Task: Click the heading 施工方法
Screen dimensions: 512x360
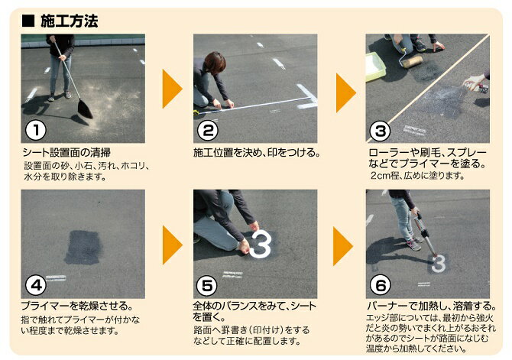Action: [x=70, y=21]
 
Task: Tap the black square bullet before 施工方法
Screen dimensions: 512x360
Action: [x=28, y=21]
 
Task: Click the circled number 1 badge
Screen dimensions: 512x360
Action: [x=36, y=131]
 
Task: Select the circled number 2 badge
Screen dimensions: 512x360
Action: [x=208, y=131]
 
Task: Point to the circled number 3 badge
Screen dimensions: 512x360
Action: [x=380, y=131]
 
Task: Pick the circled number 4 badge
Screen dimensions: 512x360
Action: [x=36, y=285]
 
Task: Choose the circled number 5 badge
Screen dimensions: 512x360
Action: [x=206, y=286]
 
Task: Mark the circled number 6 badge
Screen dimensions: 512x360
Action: [x=380, y=285]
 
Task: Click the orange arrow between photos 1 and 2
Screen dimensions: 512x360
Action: [x=172, y=89]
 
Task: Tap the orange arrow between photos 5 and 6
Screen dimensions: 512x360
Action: [x=342, y=246]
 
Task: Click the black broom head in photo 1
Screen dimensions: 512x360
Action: [x=86, y=109]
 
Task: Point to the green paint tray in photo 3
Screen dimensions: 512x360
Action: [x=375, y=67]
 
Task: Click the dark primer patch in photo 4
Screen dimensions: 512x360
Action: [x=83, y=248]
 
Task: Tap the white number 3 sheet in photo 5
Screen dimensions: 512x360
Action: [x=261, y=244]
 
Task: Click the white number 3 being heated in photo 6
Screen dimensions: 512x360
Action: [x=439, y=264]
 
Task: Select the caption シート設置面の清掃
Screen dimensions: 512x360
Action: [x=66, y=152]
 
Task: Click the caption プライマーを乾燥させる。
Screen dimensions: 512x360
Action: [x=77, y=306]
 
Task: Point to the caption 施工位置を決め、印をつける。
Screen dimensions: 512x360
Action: [x=256, y=152]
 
